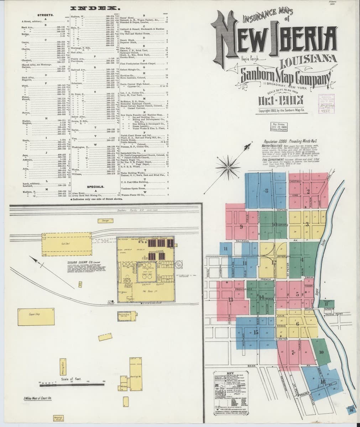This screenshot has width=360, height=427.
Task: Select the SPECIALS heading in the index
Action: point(95,186)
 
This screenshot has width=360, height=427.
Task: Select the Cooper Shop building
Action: point(34,315)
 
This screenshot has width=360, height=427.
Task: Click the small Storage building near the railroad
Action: point(106,221)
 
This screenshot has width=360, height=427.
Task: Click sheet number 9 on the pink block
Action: point(241,227)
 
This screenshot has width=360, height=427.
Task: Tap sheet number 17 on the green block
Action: point(326,304)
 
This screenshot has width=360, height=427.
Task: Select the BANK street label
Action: point(252,366)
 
